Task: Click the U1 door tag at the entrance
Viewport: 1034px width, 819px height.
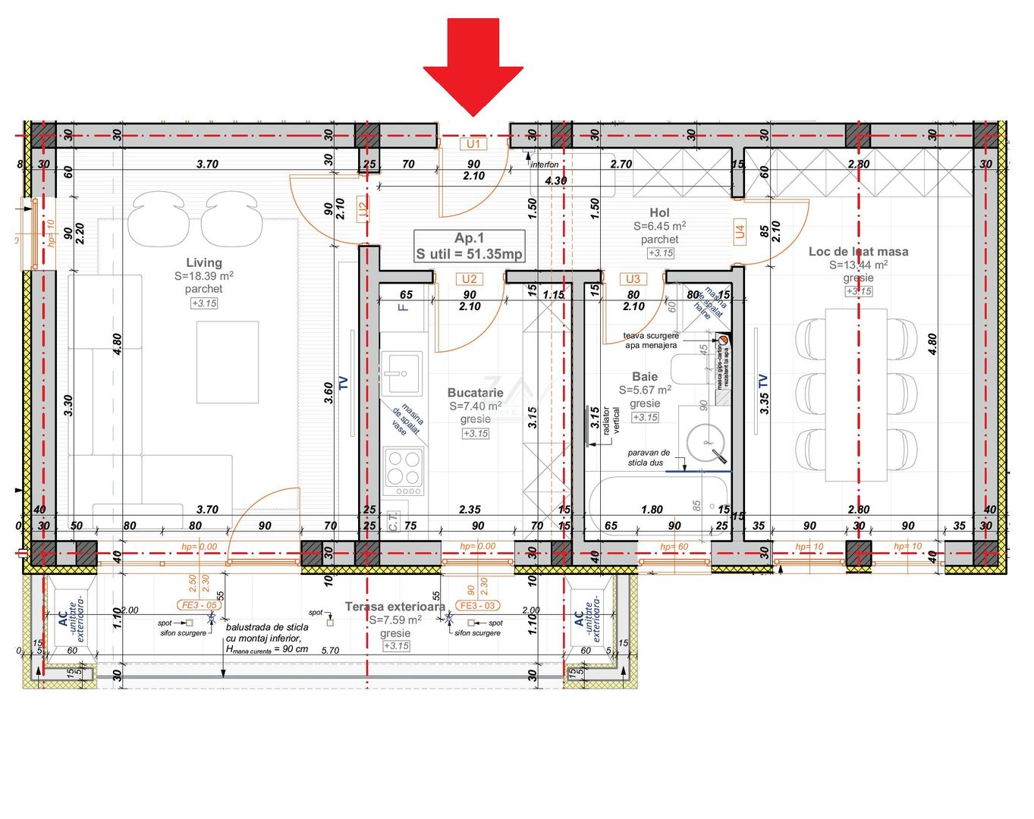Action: [x=473, y=144]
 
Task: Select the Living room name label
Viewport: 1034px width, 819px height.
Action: [x=204, y=262]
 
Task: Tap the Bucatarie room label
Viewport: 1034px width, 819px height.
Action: [x=475, y=393]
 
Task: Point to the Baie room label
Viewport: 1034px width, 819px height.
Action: [x=645, y=376]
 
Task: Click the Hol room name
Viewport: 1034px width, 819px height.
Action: [x=659, y=213]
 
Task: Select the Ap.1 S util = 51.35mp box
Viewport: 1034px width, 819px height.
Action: [x=469, y=246]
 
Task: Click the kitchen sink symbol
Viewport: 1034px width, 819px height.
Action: [x=401, y=373]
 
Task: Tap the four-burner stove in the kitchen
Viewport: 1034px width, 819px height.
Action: [x=404, y=468]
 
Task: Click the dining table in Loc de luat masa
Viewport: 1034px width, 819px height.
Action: [x=856, y=394]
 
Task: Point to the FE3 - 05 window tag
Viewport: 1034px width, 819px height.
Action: [x=200, y=605]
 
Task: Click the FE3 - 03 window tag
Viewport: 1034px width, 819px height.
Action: [x=479, y=605]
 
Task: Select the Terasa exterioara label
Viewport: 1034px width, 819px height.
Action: [x=394, y=607]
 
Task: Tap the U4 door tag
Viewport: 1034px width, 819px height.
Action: [x=740, y=231]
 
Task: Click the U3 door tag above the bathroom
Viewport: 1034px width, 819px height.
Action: [x=633, y=279]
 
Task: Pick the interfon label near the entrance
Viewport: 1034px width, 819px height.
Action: [x=544, y=165]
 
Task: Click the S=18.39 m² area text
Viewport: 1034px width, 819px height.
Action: [x=203, y=276]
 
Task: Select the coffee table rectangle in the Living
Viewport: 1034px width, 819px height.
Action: [x=228, y=362]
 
